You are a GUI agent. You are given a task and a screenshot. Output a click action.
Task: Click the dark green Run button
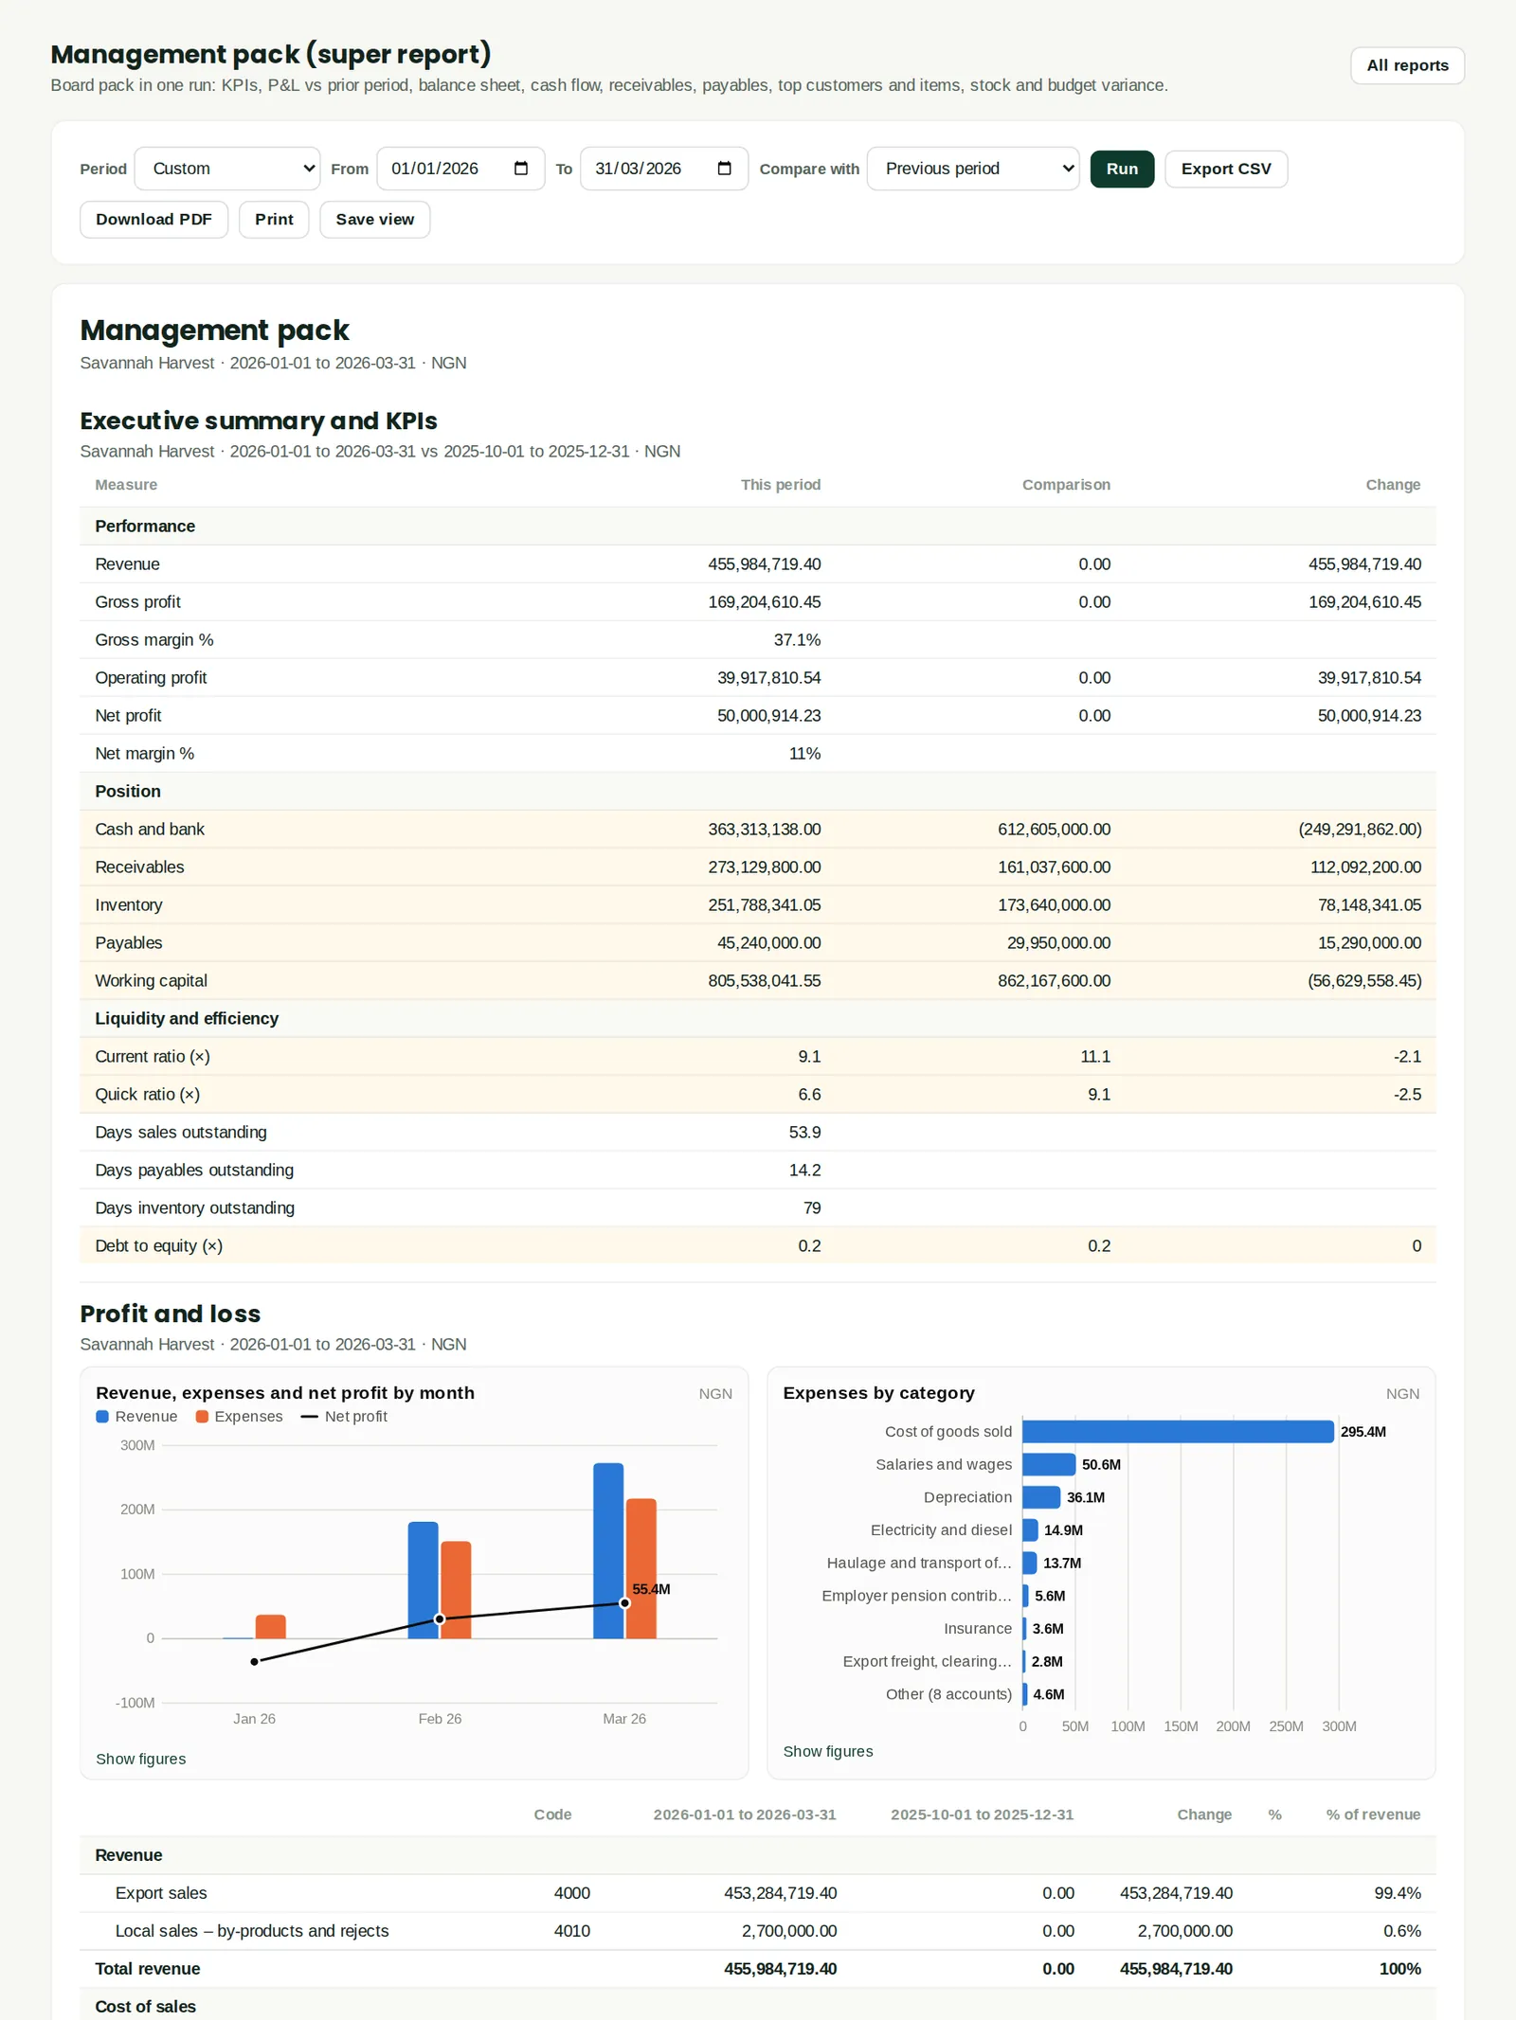coord(1122,169)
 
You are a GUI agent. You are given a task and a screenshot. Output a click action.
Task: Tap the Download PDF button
coord(153,220)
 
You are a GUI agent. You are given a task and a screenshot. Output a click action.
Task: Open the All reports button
coord(1407,65)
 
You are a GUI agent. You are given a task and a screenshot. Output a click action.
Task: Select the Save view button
coord(374,220)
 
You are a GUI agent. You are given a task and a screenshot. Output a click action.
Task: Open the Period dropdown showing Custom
coord(227,169)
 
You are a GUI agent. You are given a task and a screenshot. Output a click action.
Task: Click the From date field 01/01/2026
coord(460,169)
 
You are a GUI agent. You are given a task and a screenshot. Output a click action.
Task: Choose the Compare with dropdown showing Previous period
coord(973,169)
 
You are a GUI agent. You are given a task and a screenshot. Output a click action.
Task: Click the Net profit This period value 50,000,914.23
coord(768,716)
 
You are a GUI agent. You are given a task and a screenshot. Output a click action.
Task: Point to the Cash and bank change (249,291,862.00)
coord(1360,830)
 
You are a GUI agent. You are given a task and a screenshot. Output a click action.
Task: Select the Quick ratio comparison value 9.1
coord(1099,1095)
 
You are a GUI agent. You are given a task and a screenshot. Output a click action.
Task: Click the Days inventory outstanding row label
coord(194,1208)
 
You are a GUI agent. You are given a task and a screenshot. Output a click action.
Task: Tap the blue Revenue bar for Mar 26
coord(608,1550)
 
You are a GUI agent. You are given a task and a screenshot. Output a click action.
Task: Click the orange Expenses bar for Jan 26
coord(270,1627)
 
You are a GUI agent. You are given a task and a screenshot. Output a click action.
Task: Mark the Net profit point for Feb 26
coord(440,1619)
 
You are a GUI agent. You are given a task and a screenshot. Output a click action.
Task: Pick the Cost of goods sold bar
coord(1178,1432)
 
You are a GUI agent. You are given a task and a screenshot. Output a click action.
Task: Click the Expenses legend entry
coord(239,1417)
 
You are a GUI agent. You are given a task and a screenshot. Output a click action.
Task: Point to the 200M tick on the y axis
coord(137,1510)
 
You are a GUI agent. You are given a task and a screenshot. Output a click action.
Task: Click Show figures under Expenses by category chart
coord(828,1751)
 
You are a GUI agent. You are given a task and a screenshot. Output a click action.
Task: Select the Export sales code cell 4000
coord(572,1893)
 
